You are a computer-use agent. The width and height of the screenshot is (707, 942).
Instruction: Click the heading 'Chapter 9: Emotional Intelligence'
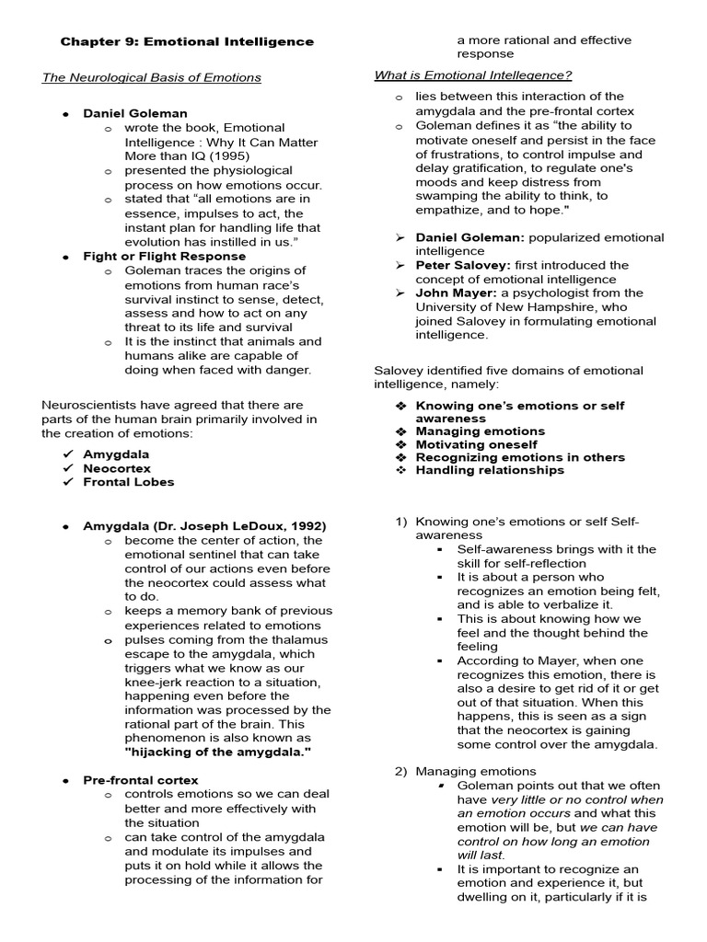[187, 41]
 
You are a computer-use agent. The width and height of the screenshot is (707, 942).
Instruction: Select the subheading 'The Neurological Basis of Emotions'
[152, 77]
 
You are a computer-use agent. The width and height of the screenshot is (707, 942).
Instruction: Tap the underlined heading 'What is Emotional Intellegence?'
[472, 75]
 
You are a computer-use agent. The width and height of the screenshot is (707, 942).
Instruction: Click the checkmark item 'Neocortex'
[116, 468]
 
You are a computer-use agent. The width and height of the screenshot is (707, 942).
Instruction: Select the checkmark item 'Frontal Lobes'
[128, 482]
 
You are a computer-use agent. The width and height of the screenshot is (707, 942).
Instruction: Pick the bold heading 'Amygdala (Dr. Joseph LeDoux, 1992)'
[204, 526]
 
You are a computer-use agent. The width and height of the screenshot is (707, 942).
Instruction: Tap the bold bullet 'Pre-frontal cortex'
[140, 780]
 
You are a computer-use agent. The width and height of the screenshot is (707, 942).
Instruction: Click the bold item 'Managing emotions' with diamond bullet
[480, 431]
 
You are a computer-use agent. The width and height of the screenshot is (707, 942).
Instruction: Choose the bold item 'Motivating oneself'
[476, 444]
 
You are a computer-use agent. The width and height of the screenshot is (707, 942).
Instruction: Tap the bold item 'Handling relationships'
[490, 470]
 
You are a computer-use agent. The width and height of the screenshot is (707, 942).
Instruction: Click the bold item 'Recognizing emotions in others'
[520, 457]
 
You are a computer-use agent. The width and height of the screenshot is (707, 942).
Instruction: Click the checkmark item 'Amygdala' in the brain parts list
[116, 454]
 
